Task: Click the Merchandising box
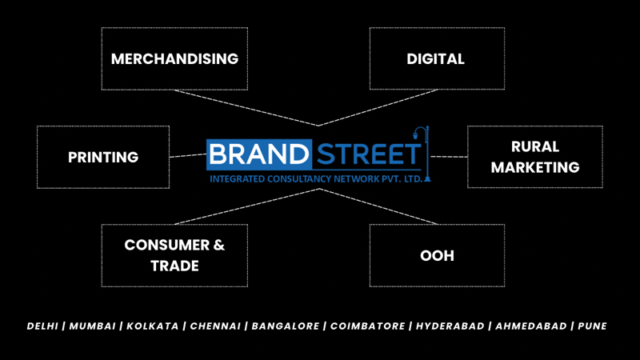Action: click(x=174, y=58)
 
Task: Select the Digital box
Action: click(x=436, y=58)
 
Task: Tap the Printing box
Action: click(x=103, y=157)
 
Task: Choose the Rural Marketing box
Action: click(x=534, y=157)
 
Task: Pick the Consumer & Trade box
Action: click(x=174, y=255)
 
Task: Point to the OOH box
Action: click(x=437, y=255)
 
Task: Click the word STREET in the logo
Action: click(x=366, y=155)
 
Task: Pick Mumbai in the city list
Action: click(x=94, y=326)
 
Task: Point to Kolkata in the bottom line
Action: click(x=151, y=326)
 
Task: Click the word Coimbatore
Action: click(x=366, y=326)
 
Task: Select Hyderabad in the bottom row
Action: click(x=450, y=326)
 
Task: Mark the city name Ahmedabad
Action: click(x=532, y=326)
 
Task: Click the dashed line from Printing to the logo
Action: click(x=188, y=155)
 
